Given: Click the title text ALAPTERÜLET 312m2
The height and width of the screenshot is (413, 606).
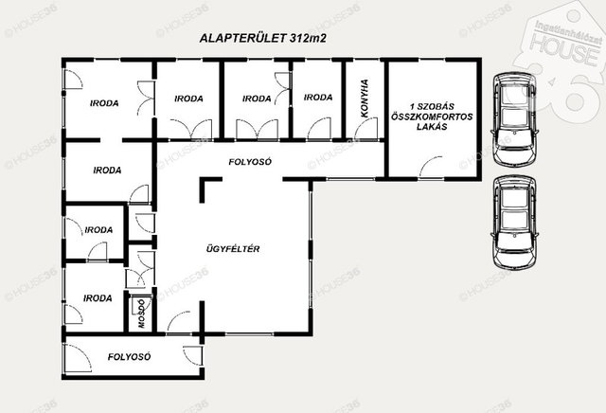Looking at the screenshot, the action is click(263, 38).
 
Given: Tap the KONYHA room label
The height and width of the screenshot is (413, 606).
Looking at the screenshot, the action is click(364, 99).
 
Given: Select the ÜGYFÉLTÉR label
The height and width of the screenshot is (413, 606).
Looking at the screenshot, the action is click(233, 248).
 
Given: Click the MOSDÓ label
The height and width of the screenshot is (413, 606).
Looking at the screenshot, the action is click(141, 314).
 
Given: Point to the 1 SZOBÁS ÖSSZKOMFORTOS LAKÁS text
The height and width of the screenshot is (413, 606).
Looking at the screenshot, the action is click(432, 117).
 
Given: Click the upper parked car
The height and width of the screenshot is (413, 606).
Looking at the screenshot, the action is click(514, 119).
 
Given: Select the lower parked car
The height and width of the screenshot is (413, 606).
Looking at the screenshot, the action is click(514, 223).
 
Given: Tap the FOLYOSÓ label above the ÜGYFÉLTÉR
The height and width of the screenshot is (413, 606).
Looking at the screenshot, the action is click(250, 162).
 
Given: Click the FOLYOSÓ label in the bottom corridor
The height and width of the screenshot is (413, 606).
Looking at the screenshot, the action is click(129, 356).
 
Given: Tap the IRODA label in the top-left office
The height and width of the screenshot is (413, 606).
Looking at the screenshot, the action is click(104, 103).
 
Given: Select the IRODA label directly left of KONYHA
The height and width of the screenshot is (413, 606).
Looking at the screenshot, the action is click(318, 97).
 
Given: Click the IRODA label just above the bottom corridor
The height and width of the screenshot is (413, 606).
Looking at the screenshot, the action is click(98, 298).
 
